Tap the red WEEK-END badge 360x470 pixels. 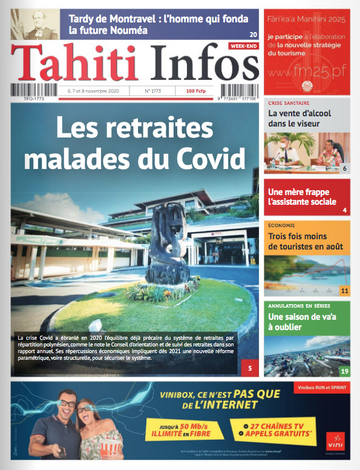coord(244,46)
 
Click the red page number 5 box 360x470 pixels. coord(249,367)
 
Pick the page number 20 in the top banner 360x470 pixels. coord(254,34)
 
